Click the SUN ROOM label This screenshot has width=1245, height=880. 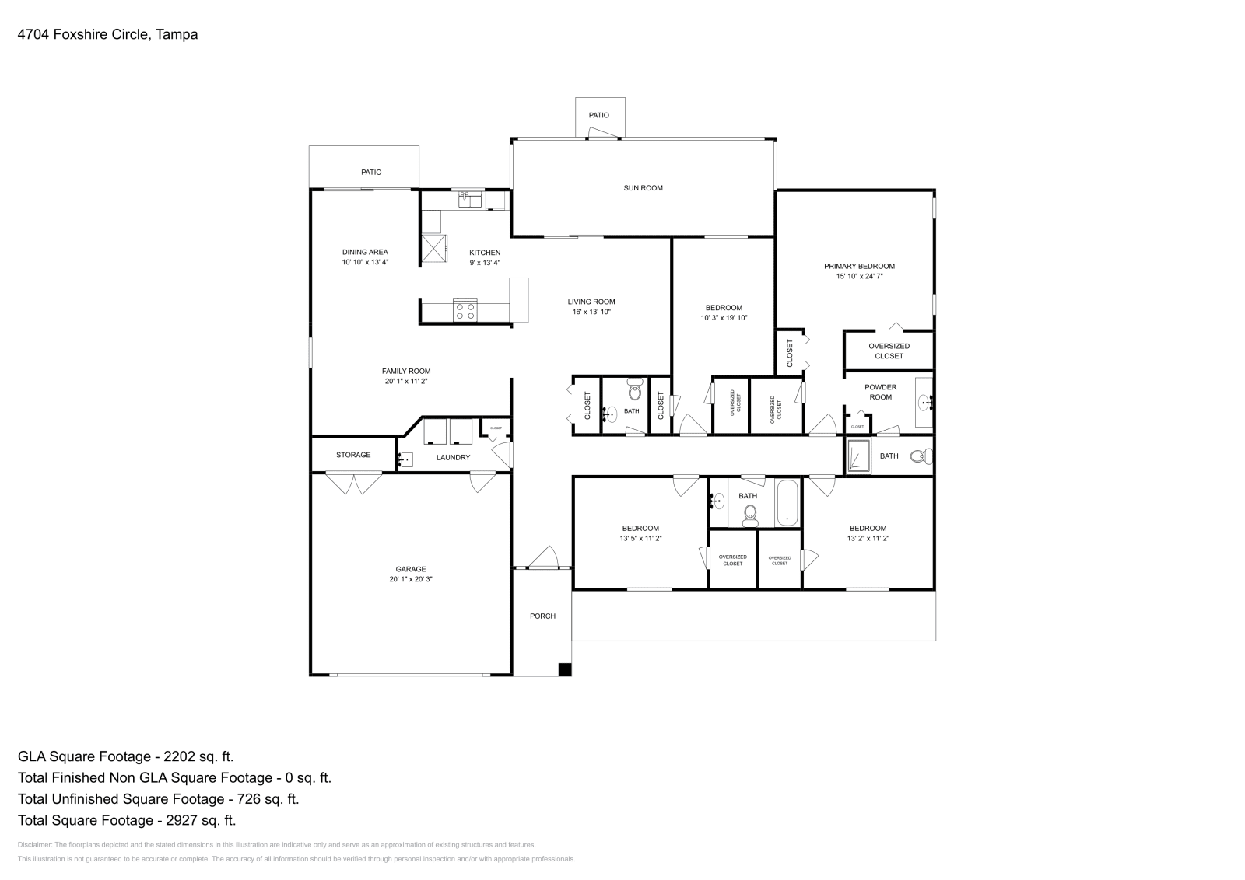[643, 188]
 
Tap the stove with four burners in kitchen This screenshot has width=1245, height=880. [465, 310]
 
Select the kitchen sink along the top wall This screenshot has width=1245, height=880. [470, 200]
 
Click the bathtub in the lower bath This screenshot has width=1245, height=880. [787, 504]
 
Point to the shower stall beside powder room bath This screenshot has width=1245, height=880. [859, 456]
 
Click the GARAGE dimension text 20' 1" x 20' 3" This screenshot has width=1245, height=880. [410, 579]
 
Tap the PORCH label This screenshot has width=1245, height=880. [542, 616]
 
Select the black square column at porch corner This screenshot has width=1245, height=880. [565, 669]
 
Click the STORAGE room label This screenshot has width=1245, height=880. [353, 455]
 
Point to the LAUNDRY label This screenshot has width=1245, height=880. [453, 458]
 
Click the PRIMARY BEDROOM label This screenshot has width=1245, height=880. [859, 266]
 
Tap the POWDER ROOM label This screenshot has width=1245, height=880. [880, 392]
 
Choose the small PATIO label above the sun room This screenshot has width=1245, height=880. [598, 115]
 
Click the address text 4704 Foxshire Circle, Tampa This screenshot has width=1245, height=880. [107, 34]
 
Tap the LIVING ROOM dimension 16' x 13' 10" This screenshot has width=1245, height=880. [591, 312]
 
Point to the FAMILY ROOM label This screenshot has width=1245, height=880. [405, 372]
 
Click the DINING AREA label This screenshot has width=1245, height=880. [365, 252]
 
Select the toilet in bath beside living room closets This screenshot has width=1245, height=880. [635, 388]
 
